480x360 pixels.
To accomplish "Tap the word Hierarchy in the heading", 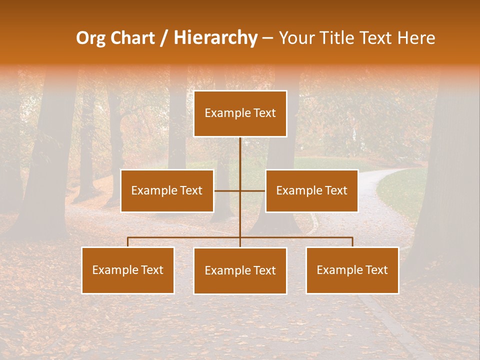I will (x=215, y=38).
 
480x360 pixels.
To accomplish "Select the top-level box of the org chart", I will (x=240, y=113).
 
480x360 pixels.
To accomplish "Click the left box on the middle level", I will (x=167, y=191).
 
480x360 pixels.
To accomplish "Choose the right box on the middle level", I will (x=311, y=191).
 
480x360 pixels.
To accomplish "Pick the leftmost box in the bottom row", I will (x=128, y=270).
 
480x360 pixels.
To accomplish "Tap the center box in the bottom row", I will (x=240, y=271).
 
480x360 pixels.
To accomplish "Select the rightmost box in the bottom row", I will (x=352, y=270).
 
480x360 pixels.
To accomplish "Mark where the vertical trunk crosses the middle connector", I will (x=240, y=190).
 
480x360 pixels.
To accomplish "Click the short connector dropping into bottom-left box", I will (x=128, y=242).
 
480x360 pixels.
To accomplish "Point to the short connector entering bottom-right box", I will (x=352, y=242).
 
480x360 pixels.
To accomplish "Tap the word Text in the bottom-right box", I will (x=376, y=270).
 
